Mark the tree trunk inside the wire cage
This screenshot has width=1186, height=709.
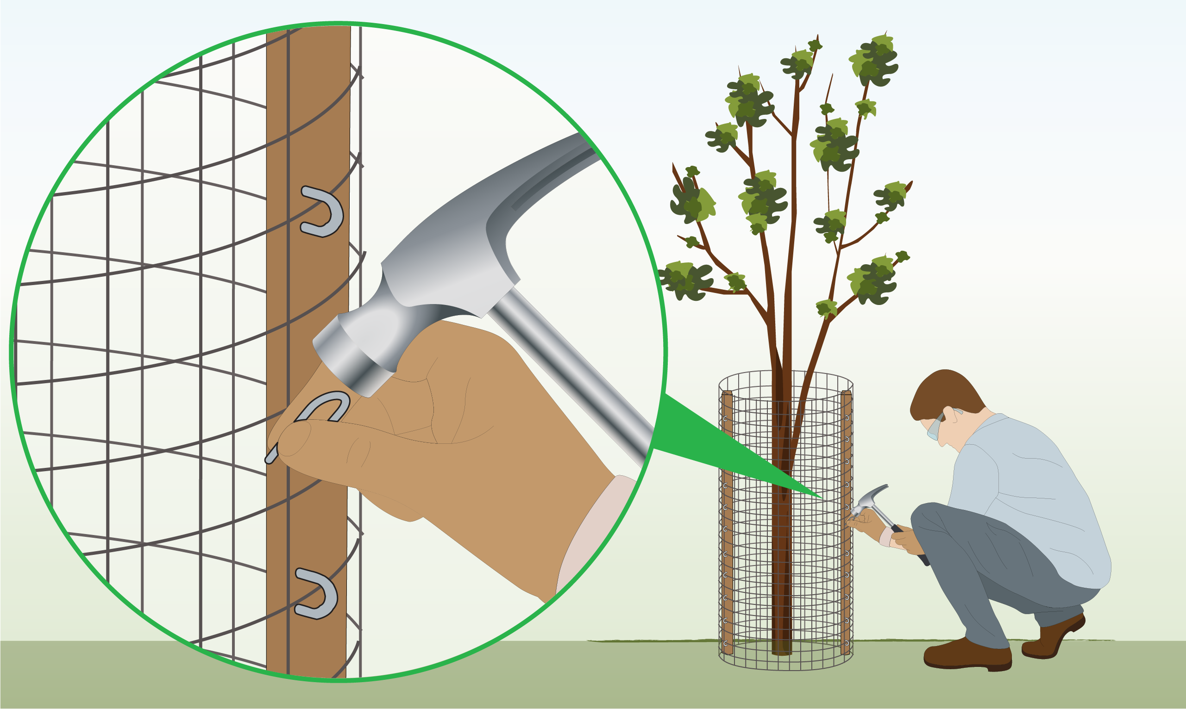point(782,549)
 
